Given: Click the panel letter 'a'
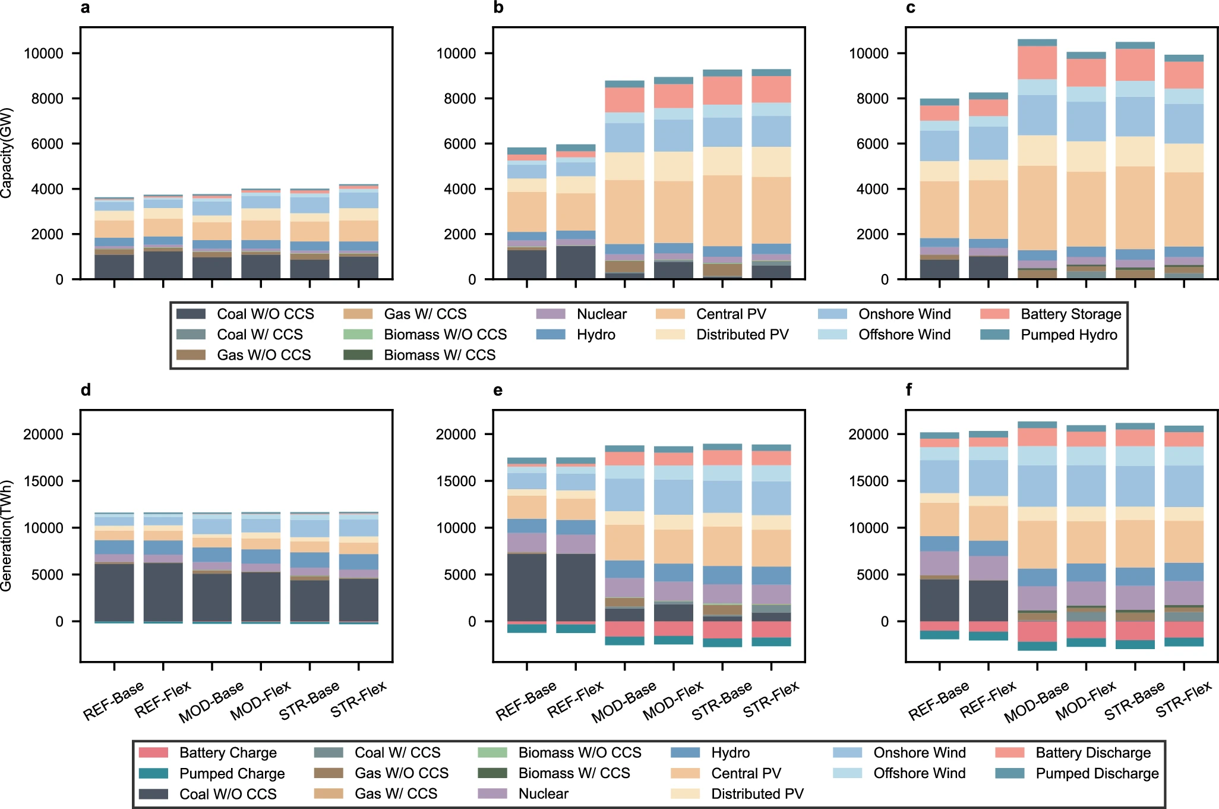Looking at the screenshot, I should coord(86,8).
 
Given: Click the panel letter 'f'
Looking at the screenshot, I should coord(909,390).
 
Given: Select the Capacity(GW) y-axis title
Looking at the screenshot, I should coord(7,153).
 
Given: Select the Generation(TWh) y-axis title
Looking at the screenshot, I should coord(7,536).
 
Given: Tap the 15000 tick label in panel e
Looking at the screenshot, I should coord(456,481).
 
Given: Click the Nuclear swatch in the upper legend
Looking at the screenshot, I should coord(550,314).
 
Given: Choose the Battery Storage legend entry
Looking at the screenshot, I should coord(1070,314).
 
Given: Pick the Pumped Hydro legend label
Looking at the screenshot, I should coord(1069,335).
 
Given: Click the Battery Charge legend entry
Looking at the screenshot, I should coord(228,753).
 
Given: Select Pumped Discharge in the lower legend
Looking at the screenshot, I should coord(1097,773).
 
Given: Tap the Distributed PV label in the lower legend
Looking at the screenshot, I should coord(757,794).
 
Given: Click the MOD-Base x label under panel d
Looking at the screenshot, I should coord(211,702).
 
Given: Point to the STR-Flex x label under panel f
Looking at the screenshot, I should coord(1184,700).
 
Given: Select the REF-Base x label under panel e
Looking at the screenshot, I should coord(526,701).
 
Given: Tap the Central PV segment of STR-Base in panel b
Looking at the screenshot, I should coord(722,210).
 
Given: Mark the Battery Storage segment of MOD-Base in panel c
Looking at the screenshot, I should coord(1037,62).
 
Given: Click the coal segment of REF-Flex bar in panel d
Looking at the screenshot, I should coord(163,592).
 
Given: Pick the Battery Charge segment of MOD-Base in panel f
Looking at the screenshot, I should coord(1037,631).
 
